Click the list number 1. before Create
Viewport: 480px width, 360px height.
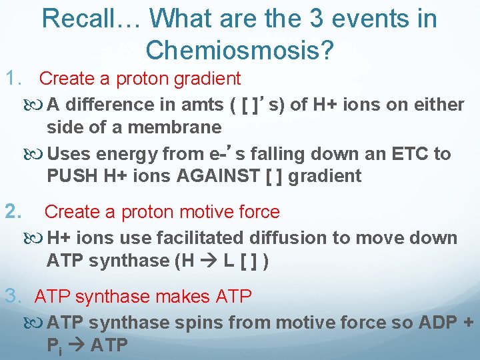[x=15, y=79]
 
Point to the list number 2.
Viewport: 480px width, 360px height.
[x=15, y=212]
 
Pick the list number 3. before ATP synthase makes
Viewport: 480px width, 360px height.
[x=15, y=296]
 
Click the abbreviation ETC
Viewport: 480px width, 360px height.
[x=407, y=154]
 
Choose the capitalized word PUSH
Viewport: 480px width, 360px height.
[x=69, y=177]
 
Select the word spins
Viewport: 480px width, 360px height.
[x=193, y=323]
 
